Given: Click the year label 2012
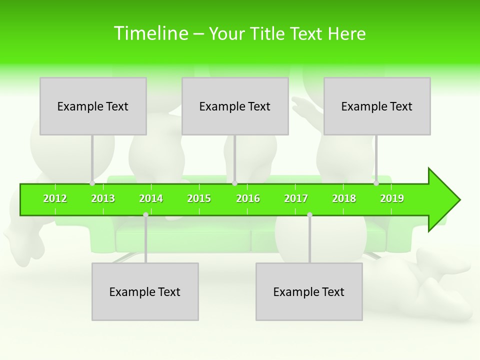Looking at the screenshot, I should (x=55, y=198).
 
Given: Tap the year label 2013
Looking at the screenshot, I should (x=103, y=198).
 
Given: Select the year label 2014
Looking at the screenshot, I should (x=151, y=198).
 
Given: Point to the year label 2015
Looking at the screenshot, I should (x=199, y=198).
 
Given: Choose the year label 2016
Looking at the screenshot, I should (x=248, y=198).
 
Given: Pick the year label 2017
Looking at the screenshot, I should (x=296, y=198).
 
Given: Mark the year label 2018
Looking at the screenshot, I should (x=344, y=198).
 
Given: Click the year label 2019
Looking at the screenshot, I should (x=392, y=198).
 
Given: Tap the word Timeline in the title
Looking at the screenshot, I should (x=150, y=33).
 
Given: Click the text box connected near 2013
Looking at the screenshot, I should (x=93, y=106).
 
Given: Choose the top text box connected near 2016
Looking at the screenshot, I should (x=235, y=106).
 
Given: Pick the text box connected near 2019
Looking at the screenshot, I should (x=377, y=106).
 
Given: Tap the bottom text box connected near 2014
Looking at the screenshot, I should (x=145, y=291).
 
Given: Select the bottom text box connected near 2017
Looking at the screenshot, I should (x=309, y=291).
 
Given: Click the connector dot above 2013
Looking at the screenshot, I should (x=92, y=183).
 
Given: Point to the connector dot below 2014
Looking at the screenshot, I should (x=145, y=215).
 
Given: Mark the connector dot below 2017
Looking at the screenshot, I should (x=309, y=215).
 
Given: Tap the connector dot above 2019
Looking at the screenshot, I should (x=376, y=183).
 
